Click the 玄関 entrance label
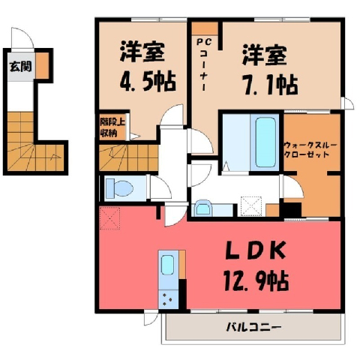coord(20,67)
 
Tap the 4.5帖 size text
coord(148,82)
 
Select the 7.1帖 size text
coord(271,85)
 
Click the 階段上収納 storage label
coord(112,127)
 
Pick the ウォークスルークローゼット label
coord(310,150)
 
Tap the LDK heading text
coord(256,250)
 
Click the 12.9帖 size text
coord(256,281)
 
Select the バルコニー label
coord(253,327)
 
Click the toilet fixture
coord(118,188)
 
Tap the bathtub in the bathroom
coord(266,142)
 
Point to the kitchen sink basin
coord(167,265)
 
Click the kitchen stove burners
coord(168,299)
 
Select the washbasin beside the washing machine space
coord(203,208)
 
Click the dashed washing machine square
coord(251,206)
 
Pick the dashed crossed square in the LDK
coord(109,218)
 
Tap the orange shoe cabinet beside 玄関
coord(42,65)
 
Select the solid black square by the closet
coord(292,210)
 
